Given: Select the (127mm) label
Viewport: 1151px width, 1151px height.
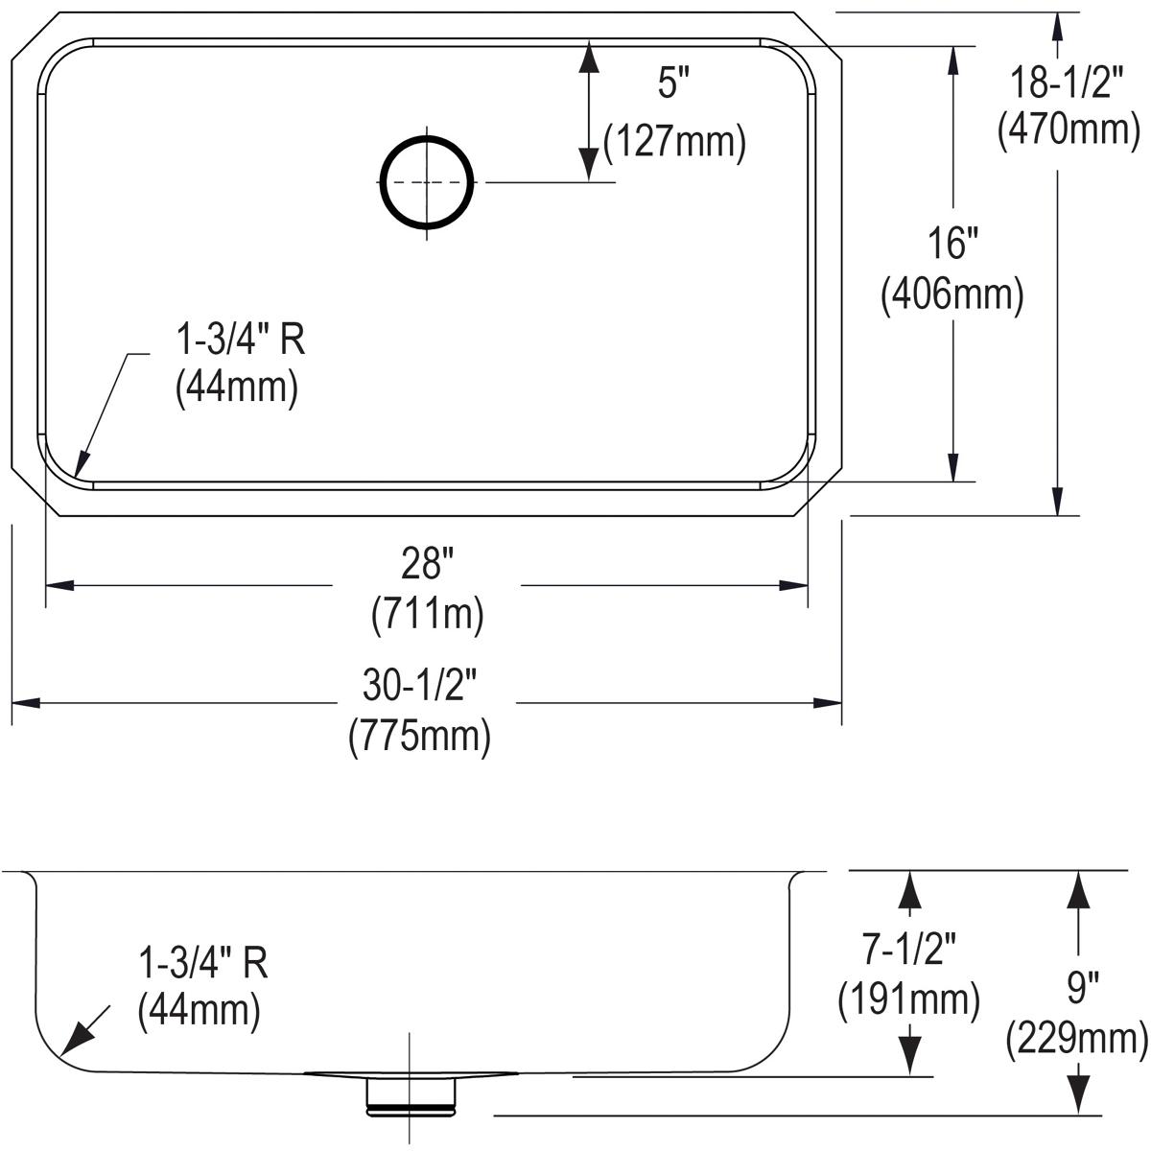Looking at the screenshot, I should click(x=674, y=142).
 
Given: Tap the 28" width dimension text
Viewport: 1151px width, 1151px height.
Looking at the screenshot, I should click(x=426, y=565).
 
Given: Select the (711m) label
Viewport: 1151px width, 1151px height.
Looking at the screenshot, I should click(x=427, y=614).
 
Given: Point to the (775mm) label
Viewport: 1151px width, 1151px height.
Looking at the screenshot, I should click(x=420, y=737).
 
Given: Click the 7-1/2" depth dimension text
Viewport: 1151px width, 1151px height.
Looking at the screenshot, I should click(x=907, y=950).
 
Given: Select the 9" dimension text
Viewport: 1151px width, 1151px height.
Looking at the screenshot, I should click(x=1079, y=987).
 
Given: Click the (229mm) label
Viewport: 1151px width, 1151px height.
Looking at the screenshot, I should click(x=1076, y=1039).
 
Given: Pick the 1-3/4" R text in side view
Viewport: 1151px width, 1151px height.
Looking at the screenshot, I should click(x=203, y=962).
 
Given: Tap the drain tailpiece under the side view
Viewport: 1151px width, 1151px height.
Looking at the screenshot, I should click(x=411, y=1094).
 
